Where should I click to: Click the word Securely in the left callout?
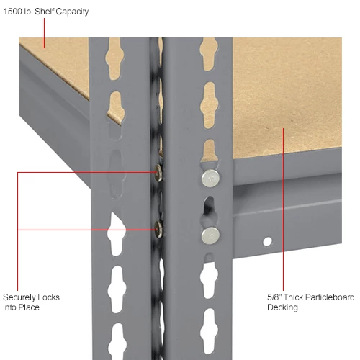21,297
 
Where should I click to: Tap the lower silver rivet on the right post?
210,233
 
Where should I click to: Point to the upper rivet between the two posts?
157,171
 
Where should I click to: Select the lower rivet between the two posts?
157,229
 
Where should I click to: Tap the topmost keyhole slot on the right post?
209,53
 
